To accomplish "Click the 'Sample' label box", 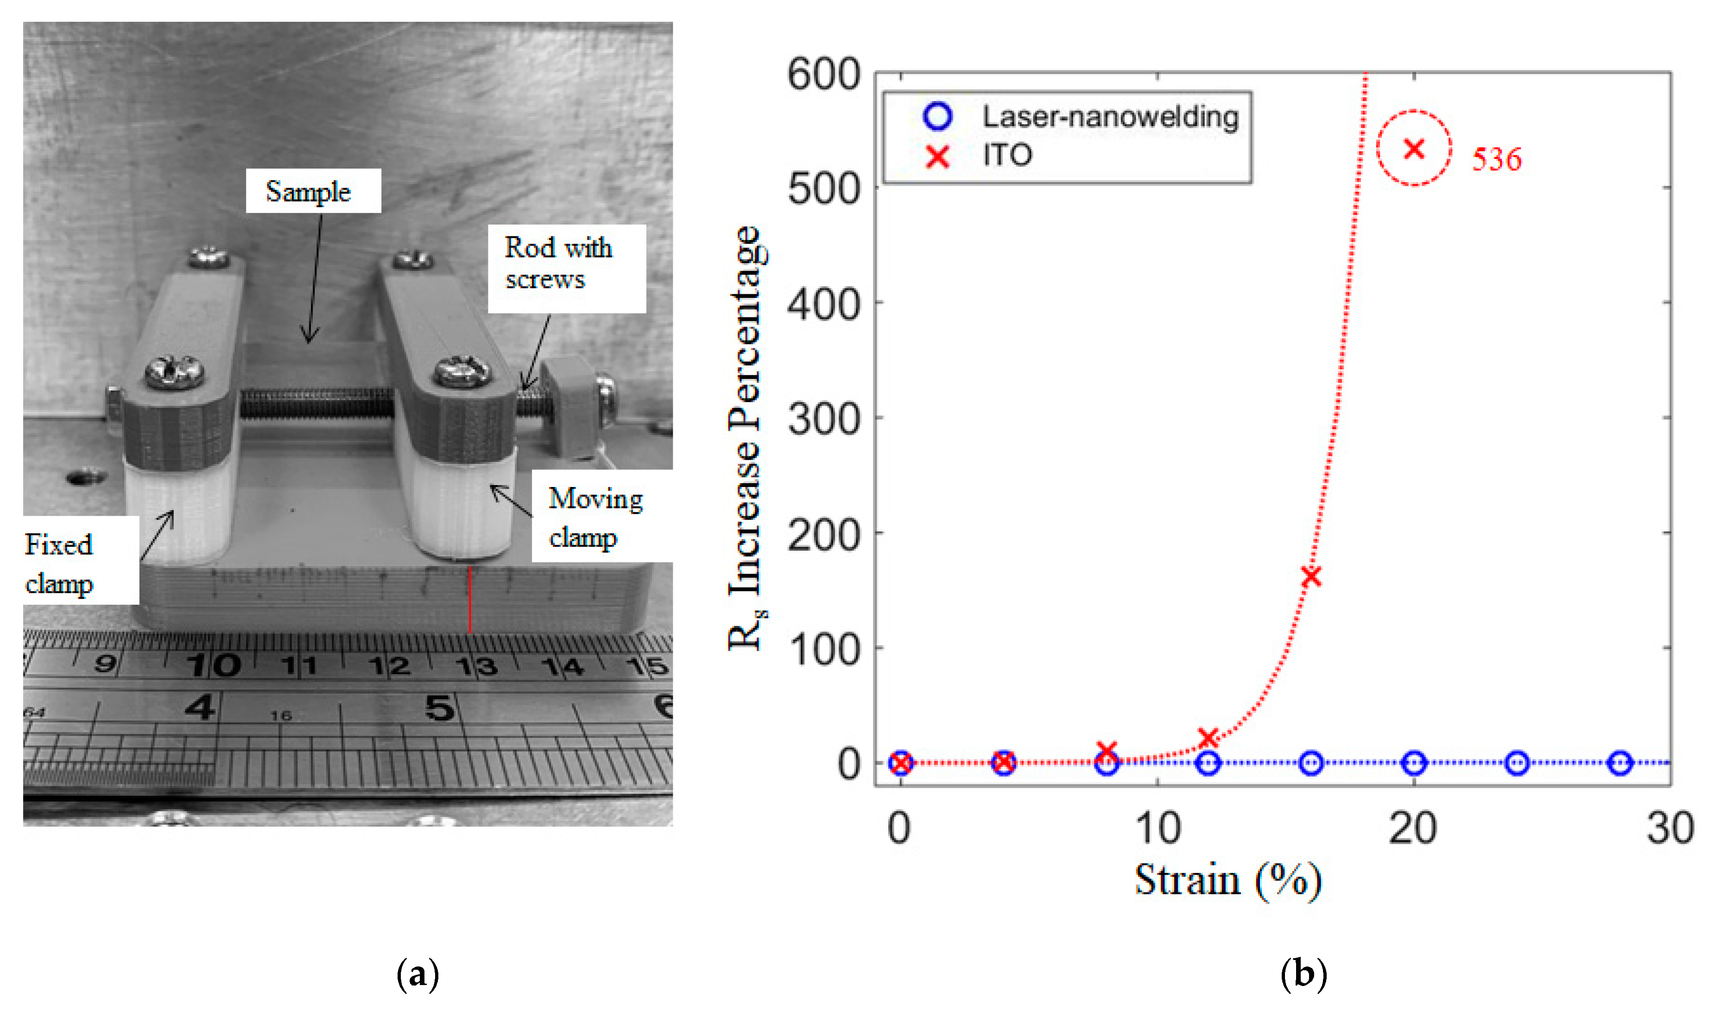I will click(x=313, y=191).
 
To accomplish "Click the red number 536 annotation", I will click(x=1496, y=159).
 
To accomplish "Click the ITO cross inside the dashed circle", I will click(x=1414, y=148).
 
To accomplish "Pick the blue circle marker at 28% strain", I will click(x=1620, y=763).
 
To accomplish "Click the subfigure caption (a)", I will click(x=417, y=974).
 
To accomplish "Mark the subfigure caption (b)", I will click(x=1303, y=974).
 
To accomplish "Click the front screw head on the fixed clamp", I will click(x=174, y=372).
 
